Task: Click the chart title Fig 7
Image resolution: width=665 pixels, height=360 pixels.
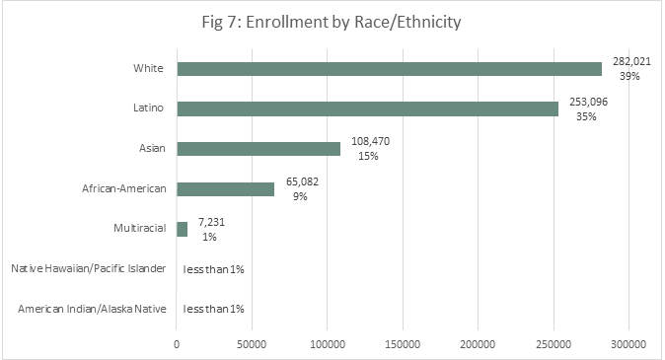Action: click(x=332, y=23)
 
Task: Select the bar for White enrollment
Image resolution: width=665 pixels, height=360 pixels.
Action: click(x=389, y=69)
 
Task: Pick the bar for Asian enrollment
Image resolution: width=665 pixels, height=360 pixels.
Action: click(x=259, y=149)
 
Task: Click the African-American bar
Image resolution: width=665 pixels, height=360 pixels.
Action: click(x=226, y=188)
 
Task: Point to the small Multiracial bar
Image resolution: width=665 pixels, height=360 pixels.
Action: click(x=183, y=229)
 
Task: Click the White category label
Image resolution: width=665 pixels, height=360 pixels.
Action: click(x=149, y=69)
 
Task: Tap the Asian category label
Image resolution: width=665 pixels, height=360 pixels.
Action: click(x=151, y=149)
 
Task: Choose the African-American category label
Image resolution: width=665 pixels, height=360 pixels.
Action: click(x=123, y=188)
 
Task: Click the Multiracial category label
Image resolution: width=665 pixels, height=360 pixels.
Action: click(x=138, y=229)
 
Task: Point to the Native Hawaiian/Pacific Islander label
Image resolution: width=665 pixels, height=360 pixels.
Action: click(x=87, y=269)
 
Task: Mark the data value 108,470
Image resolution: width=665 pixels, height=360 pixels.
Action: click(x=370, y=141)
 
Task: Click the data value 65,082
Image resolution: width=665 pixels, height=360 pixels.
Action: click(x=300, y=181)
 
